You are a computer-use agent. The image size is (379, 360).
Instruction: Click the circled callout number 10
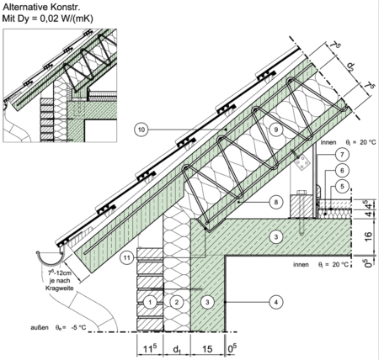[141, 130]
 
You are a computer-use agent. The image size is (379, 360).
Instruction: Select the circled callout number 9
[275, 130]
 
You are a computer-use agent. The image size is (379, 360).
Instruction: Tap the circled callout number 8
[275, 202]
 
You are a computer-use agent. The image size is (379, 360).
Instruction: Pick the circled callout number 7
[342, 155]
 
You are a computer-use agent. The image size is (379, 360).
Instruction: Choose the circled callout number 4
[275, 302]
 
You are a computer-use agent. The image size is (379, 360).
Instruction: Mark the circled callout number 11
[127, 257]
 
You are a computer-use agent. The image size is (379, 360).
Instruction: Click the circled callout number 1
[150, 302]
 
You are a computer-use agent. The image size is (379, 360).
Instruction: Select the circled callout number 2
[177, 302]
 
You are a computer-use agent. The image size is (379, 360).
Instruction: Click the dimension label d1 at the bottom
[176, 349]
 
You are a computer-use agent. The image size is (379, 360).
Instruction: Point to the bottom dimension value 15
[207, 349]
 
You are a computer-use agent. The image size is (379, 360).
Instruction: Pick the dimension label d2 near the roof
[351, 66]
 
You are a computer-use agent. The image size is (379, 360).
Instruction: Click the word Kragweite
[60, 288]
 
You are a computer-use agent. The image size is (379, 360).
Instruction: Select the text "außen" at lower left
[40, 327]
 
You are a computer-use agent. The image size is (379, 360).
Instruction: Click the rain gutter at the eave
[50, 258]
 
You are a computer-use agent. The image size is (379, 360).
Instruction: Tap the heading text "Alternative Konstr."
[41, 7]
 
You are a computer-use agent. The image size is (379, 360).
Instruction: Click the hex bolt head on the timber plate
[301, 193]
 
